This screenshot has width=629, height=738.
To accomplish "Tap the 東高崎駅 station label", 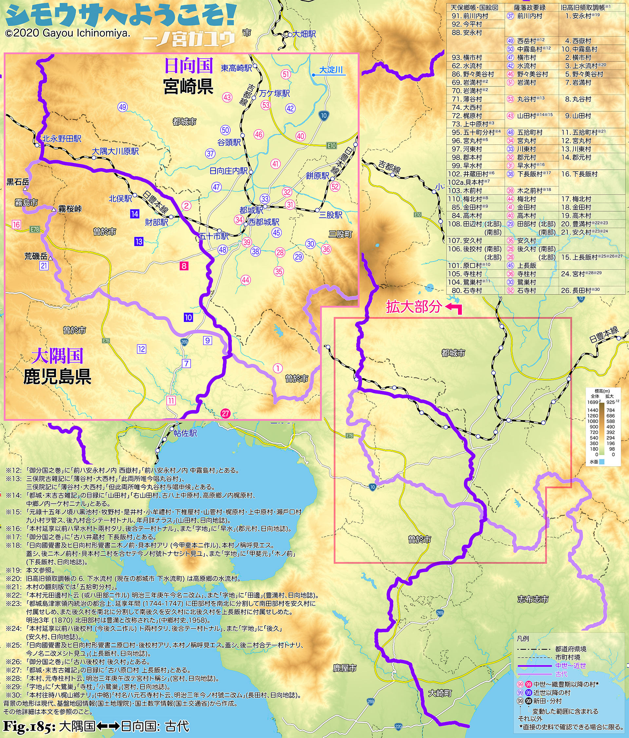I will tap(236, 68).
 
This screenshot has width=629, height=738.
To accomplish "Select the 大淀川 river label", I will tap(331, 69).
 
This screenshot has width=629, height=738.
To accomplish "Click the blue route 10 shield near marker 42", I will tap(323, 115).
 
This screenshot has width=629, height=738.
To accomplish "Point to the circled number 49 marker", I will tap(123, 107).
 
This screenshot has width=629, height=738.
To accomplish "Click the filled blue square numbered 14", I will tap(134, 214).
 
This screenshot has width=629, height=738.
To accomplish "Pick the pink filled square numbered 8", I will tap(184, 265).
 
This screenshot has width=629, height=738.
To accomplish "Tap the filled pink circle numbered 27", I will tap(225, 413).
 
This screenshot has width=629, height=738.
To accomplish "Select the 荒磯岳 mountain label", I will tap(36, 256).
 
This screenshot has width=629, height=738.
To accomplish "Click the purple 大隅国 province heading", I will tap(57, 355).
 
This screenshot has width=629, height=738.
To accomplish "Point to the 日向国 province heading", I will tap(188, 66).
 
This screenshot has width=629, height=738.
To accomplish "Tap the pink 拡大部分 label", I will tap(414, 307).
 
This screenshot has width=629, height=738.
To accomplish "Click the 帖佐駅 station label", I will tap(185, 433).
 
